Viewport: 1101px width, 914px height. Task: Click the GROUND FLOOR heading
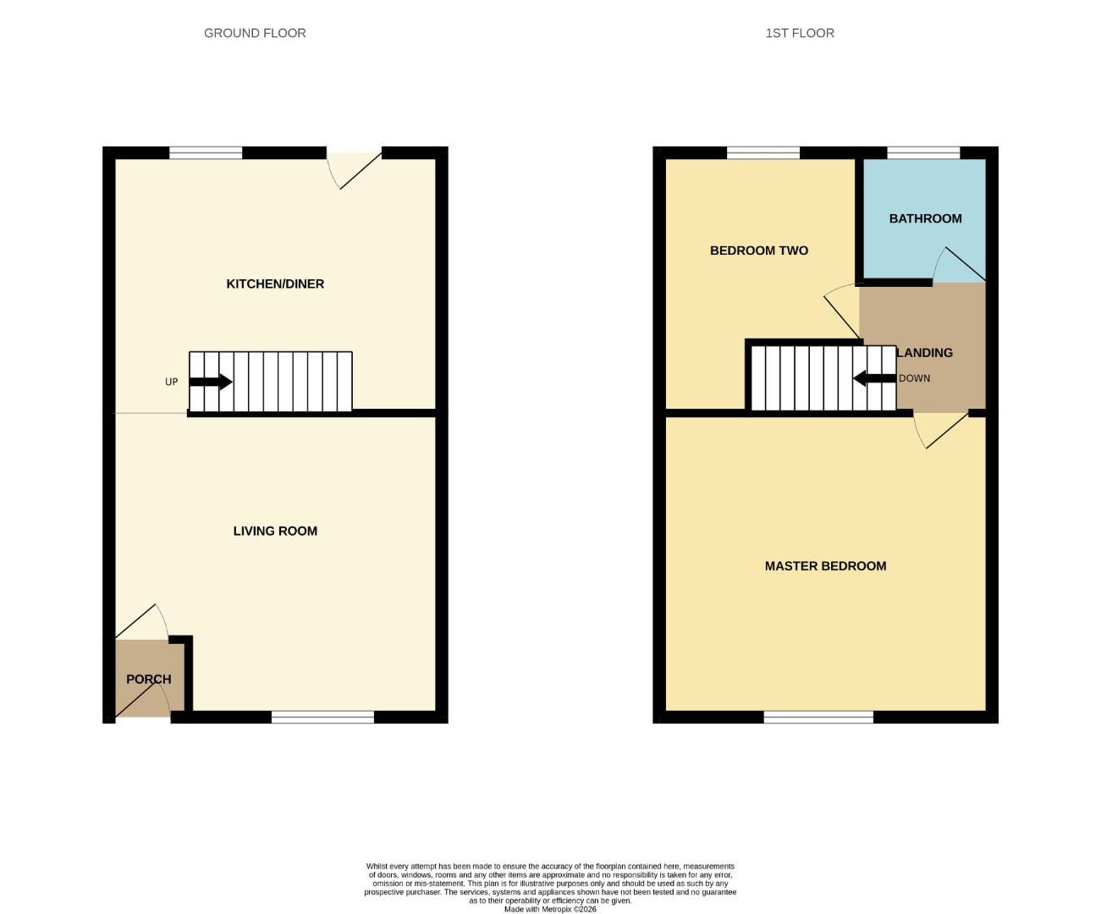pyautogui.click(x=255, y=33)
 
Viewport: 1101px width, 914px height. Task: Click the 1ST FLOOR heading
pyautogui.click(x=800, y=33)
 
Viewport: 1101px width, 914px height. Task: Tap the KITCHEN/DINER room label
pyautogui.click(x=275, y=284)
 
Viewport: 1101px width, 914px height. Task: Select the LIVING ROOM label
pyautogui.click(x=275, y=531)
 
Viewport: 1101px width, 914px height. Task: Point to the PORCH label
pyautogui.click(x=149, y=679)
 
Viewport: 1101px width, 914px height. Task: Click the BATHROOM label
pyautogui.click(x=925, y=218)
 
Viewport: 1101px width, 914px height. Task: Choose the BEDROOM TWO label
pyautogui.click(x=759, y=251)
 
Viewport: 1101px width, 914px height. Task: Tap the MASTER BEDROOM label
pyautogui.click(x=825, y=566)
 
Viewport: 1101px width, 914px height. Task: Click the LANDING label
pyautogui.click(x=925, y=352)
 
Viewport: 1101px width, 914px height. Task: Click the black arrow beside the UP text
pyautogui.click(x=211, y=382)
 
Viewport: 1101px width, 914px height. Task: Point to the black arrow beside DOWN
pyautogui.click(x=873, y=378)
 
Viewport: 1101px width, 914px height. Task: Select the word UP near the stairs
pyautogui.click(x=172, y=382)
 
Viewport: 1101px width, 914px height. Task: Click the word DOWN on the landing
pyautogui.click(x=914, y=378)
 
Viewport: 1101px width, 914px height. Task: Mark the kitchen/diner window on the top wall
pyautogui.click(x=206, y=153)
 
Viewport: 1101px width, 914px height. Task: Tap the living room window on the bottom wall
pyautogui.click(x=322, y=718)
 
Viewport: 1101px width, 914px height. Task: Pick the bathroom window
pyautogui.click(x=923, y=153)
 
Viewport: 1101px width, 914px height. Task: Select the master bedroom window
pyautogui.click(x=818, y=718)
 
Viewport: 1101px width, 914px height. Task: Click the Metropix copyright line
pyautogui.click(x=550, y=909)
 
